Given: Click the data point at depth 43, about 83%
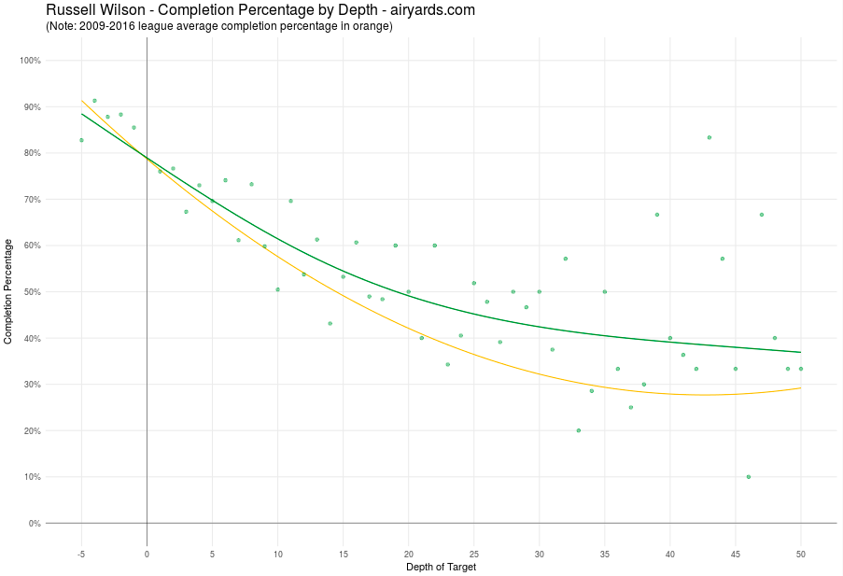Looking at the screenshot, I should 710,137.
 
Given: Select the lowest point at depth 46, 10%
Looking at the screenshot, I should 749,477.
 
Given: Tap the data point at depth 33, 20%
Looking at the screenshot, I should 579,430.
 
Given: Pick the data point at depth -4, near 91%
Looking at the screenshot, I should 94,101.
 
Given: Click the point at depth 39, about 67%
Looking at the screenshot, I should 657,215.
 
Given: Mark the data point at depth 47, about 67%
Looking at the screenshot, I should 762,215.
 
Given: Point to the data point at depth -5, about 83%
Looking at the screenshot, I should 81,140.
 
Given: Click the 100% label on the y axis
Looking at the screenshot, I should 30,61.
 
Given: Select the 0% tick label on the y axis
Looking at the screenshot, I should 34,524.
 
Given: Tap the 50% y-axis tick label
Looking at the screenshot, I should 32,292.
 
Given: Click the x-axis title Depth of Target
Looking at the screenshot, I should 441,567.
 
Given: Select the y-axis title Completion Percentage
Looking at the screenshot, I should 8,291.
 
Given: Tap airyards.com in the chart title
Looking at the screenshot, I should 429,10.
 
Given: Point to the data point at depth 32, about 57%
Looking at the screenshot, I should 566,259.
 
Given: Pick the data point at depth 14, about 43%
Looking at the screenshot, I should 330,324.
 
